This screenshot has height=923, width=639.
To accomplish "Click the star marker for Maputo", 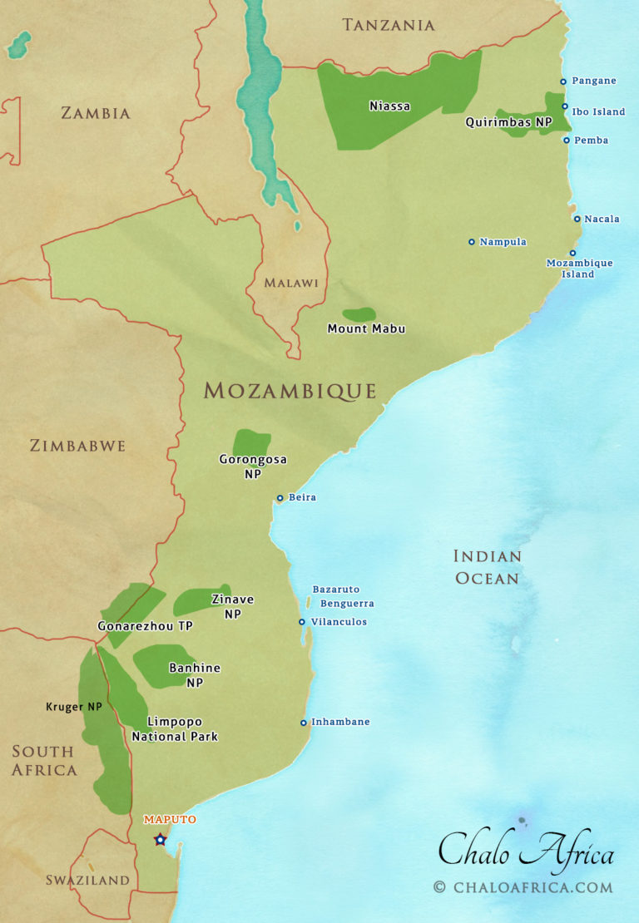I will coord(161,840).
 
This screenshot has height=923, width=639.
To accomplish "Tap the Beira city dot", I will coord(280,498).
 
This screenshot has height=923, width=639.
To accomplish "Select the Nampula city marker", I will coord(472,242).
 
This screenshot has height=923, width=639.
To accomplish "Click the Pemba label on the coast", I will coord(591,141).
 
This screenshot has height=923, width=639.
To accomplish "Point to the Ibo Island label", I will coord(598,111).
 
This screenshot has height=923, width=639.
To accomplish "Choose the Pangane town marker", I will coord(563,81).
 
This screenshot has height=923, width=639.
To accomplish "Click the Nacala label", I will coord(602,219).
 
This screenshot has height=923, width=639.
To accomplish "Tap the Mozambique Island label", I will coord(579,269).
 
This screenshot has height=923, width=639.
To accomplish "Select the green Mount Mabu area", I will coord(359,314).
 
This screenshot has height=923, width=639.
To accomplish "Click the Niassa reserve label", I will coord(389,106).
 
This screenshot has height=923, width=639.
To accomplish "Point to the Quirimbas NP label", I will coord(508,122).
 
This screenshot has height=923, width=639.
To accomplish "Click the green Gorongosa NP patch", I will coord(251,442).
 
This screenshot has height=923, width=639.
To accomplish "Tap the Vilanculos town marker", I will coord(302,622).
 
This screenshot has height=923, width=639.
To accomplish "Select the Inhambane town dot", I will coord(304,723).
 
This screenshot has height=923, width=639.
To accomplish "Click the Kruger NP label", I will coord(74,707).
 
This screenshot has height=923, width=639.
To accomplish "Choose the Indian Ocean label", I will coord(487,566).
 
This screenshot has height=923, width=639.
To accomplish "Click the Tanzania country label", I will coord(389,25).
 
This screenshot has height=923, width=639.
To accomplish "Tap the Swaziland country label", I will coord(87,880).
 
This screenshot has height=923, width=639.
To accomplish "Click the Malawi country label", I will coord(291,283).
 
